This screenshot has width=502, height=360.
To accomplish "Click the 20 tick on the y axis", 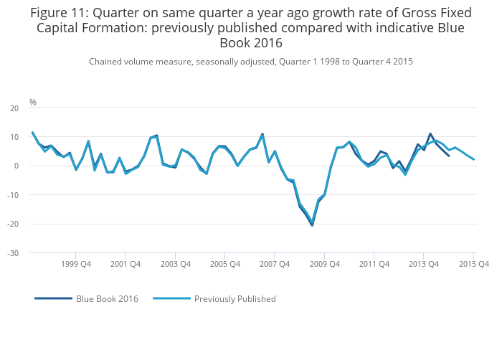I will click(14, 108).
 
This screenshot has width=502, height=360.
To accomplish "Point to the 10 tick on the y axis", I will click(14, 137).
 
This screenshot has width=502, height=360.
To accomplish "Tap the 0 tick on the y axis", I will click(16, 166).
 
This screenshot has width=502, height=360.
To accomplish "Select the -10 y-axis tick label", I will click(12, 195).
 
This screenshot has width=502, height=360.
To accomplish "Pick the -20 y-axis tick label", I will click(12, 224).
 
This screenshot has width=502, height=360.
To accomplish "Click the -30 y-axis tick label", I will click(12, 253).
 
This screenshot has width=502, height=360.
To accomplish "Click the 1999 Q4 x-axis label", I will click(76, 264).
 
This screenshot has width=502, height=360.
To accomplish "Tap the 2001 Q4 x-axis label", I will click(126, 264).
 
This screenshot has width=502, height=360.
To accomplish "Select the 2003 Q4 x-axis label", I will click(175, 264).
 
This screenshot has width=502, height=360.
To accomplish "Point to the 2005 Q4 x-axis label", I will click(225, 264).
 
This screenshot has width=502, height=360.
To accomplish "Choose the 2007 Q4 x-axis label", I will click(275, 264).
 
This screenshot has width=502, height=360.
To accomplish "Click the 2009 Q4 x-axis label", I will click(324, 264).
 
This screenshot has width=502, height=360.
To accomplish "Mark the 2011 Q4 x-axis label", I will click(374, 264).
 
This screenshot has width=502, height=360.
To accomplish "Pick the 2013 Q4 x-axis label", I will click(424, 264).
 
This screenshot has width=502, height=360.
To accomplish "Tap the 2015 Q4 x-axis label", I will click(473, 264).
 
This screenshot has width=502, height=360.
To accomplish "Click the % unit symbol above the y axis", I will click(33, 103).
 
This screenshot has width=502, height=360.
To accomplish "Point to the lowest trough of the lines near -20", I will click(312, 224).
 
